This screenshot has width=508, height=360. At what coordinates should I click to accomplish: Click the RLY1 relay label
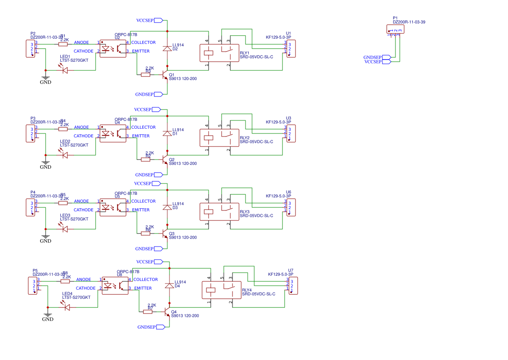[245, 53]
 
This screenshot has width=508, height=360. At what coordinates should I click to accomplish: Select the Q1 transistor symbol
[165, 75]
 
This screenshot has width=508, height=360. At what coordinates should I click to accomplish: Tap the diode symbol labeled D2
[167, 49]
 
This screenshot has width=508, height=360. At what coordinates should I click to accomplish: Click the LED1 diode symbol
[65, 70]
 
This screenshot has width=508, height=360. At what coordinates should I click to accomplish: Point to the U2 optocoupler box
[113, 47]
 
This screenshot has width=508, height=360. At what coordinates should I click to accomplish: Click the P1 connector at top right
[395, 29]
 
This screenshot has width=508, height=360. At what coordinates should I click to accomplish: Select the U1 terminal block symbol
[291, 48]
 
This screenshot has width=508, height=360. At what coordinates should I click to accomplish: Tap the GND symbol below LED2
[46, 163]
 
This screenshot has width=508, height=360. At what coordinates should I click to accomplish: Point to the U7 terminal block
[293, 285]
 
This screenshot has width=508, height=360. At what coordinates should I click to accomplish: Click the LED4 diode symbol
[67, 307]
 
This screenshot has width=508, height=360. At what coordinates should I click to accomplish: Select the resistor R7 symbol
[148, 311]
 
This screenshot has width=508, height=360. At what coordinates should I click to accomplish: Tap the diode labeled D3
[167, 207]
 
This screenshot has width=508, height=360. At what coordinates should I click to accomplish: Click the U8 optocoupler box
[115, 284]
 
